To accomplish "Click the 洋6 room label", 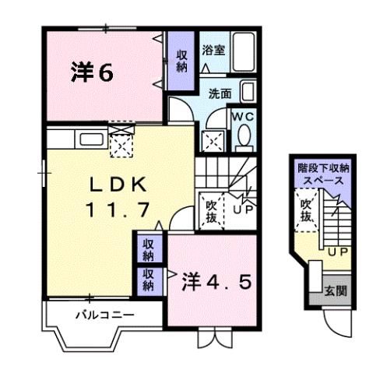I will click(93, 72).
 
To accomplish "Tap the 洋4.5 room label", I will click(217, 280).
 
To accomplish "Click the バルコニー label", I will click(104, 315).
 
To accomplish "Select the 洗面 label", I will click(219, 93).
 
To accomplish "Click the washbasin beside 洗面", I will click(247, 93).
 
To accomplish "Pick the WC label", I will click(243, 116).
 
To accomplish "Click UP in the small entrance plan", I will click(337, 252).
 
